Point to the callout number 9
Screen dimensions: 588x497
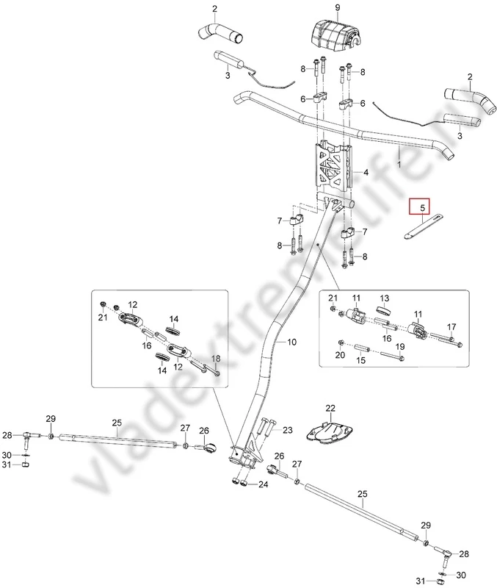coord(338,8)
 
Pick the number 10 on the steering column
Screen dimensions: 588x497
coord(291,343)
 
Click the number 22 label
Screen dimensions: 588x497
coord(330,408)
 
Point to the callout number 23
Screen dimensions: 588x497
coord(287,430)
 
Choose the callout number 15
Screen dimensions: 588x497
coord(360,361)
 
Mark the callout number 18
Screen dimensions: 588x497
coord(216,358)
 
